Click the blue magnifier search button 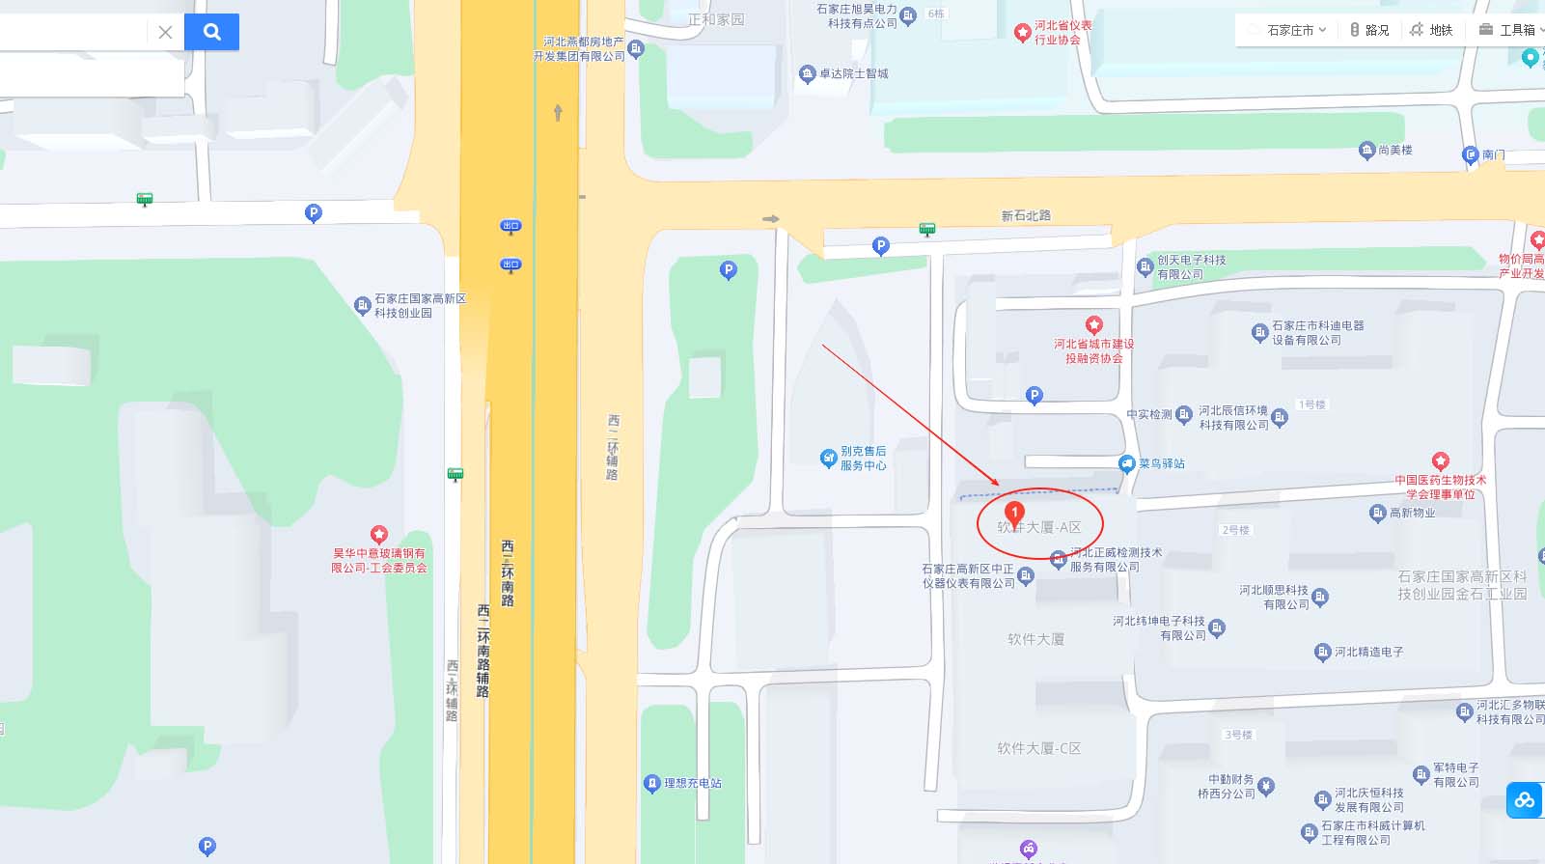pyautogui.click(x=211, y=32)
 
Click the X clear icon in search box pyautogui.click(x=165, y=32)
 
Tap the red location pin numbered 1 pyautogui.click(x=1014, y=512)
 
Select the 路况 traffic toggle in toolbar pyautogui.click(x=1369, y=30)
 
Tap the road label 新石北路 pyautogui.click(x=1026, y=215)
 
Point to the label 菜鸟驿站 pyautogui.click(x=1161, y=463)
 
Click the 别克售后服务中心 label pyautogui.click(x=863, y=458)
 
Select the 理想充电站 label pyautogui.click(x=692, y=783)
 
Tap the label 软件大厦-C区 pyautogui.click(x=1038, y=748)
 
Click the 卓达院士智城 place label pyautogui.click(x=853, y=73)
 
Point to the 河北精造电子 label pyautogui.click(x=1368, y=652)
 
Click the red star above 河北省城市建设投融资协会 pyautogui.click(x=1093, y=324)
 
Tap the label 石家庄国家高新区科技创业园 pyautogui.click(x=420, y=306)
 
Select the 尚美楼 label pyautogui.click(x=1394, y=150)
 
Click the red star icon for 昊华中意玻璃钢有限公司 pyautogui.click(x=378, y=534)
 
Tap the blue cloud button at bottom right pyautogui.click(x=1525, y=800)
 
